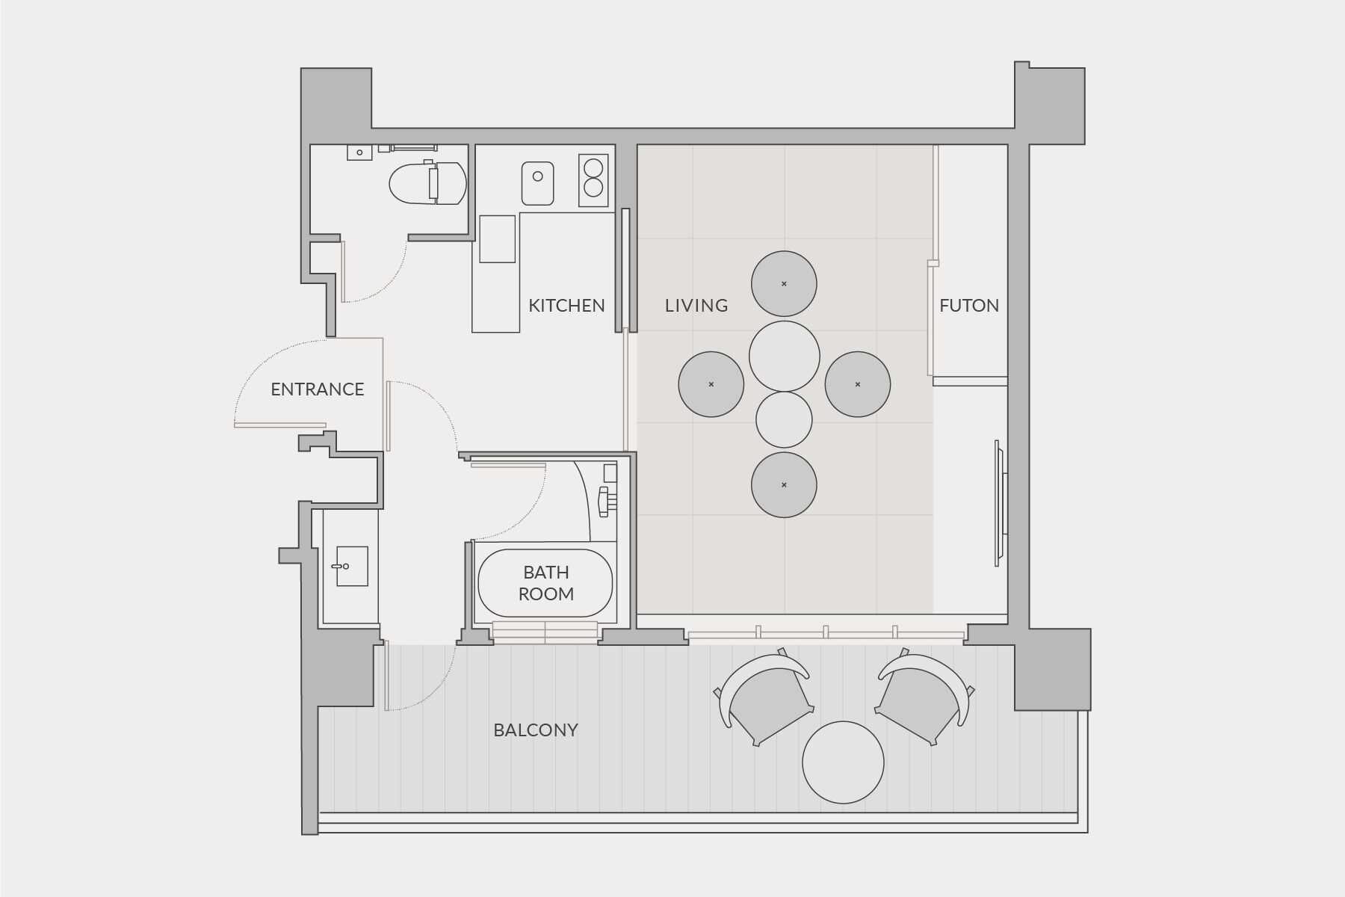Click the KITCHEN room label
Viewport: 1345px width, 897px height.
click(x=566, y=305)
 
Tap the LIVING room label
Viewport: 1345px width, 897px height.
click(x=696, y=305)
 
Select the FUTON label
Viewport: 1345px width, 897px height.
click(x=969, y=305)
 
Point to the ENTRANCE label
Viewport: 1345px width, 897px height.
click(x=318, y=389)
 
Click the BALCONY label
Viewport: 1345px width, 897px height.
click(x=536, y=730)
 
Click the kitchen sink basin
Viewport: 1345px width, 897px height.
click(x=538, y=183)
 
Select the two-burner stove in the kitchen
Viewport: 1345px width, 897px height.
click(x=593, y=180)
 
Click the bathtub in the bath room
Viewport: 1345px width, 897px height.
click(x=545, y=583)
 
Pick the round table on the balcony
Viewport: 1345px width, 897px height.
click(x=843, y=762)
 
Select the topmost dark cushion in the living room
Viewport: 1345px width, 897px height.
click(x=784, y=284)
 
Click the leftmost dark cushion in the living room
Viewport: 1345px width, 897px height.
click(x=711, y=384)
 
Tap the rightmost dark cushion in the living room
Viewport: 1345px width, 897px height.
click(x=858, y=384)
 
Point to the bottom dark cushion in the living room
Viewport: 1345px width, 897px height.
click(x=784, y=484)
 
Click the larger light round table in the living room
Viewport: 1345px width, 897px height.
click(x=785, y=357)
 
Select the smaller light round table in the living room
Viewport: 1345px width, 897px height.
click(x=784, y=420)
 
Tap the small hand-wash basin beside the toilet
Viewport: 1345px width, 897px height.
click(x=359, y=152)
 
